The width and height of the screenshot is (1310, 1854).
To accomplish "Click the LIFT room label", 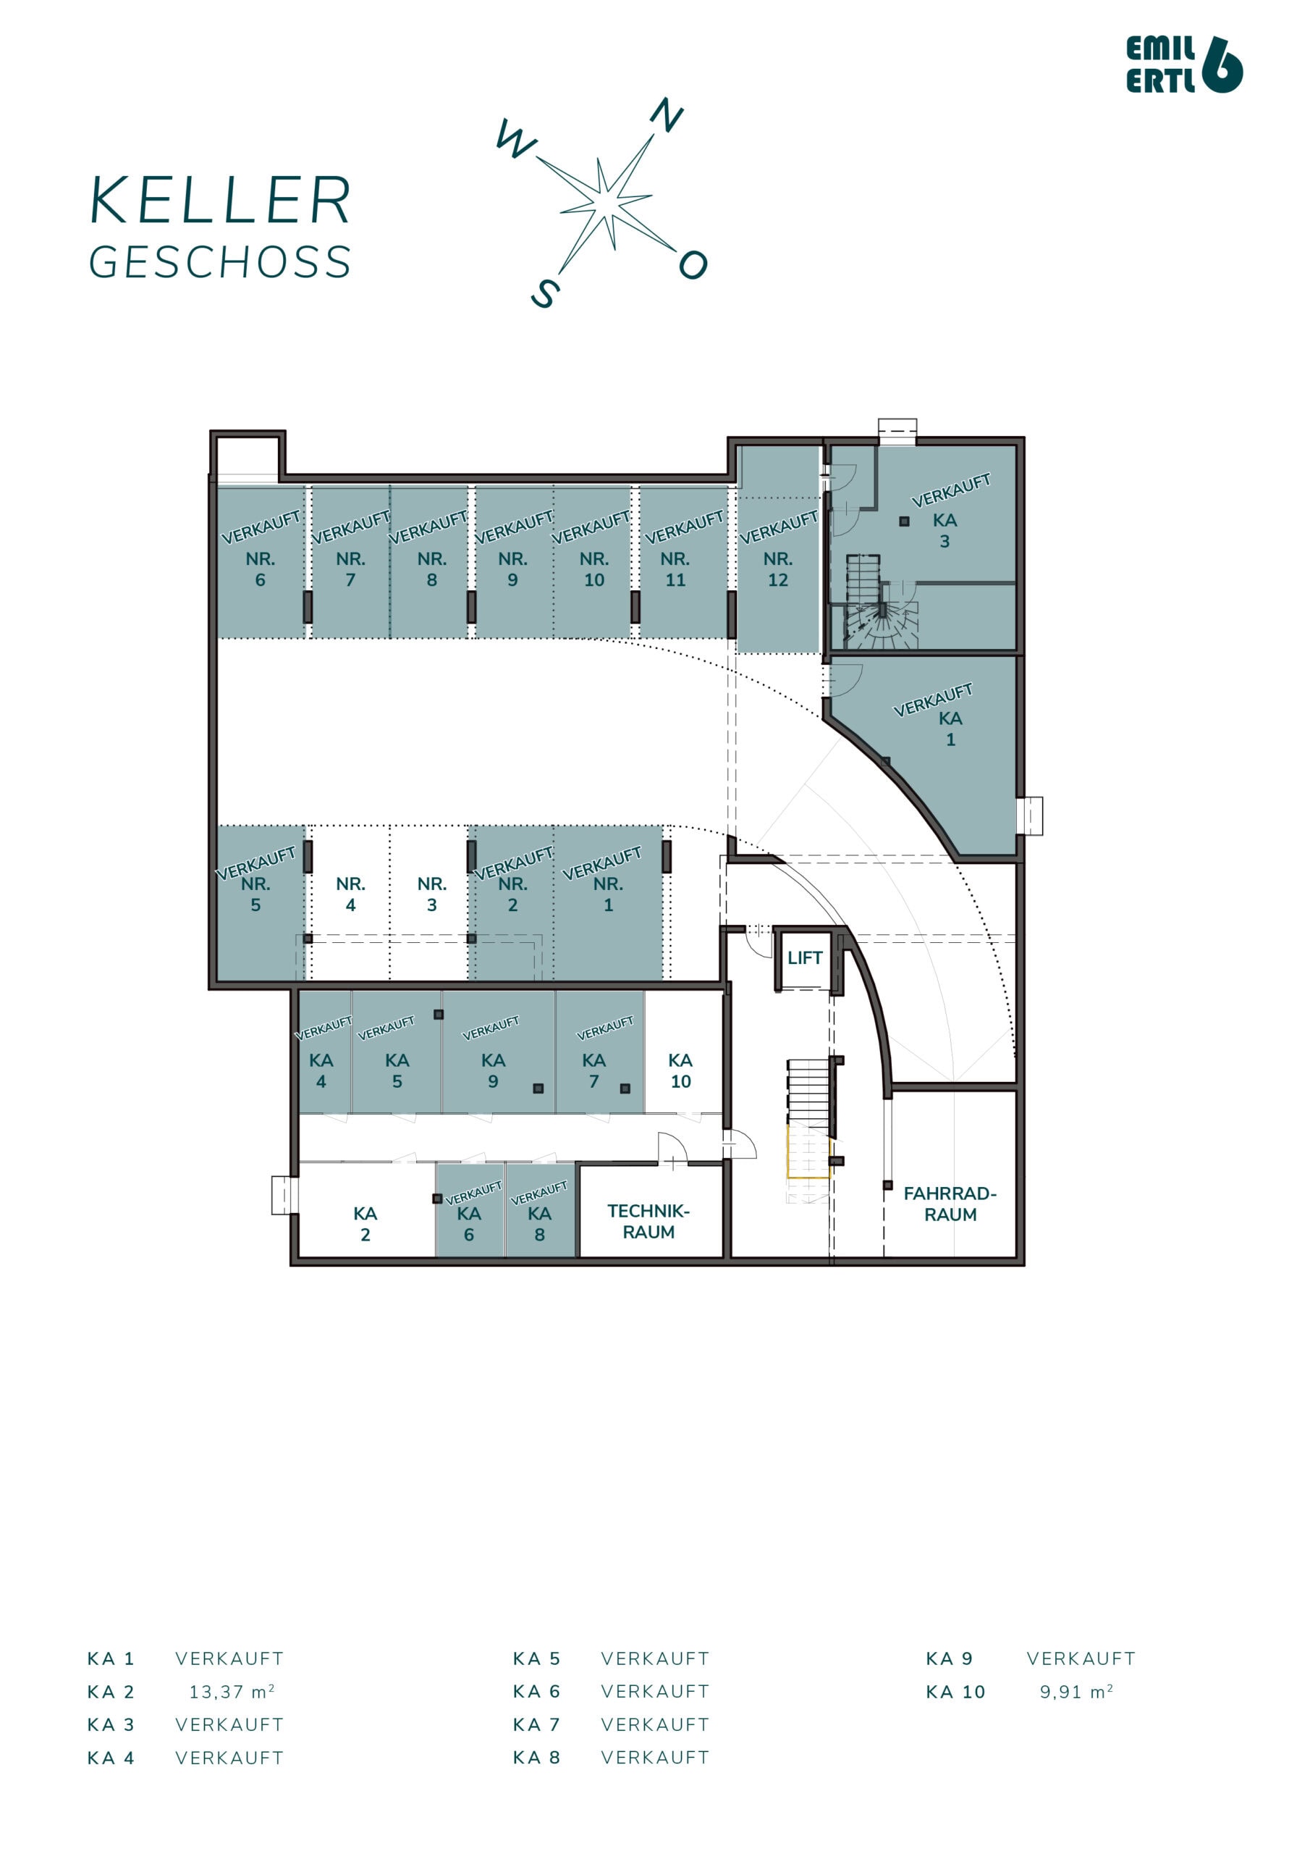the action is (x=804, y=957).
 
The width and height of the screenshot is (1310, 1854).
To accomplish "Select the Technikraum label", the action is (x=648, y=1221).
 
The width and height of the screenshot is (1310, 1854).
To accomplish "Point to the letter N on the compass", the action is (x=667, y=115).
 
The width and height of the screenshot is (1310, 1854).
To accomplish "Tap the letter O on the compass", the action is (x=693, y=264).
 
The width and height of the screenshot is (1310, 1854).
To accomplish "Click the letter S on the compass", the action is (x=546, y=294).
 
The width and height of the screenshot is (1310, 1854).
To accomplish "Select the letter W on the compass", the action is (x=516, y=140).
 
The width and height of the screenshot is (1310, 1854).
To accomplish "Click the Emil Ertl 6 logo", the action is (x=1183, y=64).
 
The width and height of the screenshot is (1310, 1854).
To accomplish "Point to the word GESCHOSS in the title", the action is (x=219, y=262).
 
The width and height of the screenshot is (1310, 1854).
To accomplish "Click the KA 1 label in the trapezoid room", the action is (x=950, y=729).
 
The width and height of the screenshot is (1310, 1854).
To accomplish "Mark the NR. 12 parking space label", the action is (x=777, y=569).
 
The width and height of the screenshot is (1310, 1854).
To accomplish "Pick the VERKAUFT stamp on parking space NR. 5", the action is (x=256, y=863).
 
